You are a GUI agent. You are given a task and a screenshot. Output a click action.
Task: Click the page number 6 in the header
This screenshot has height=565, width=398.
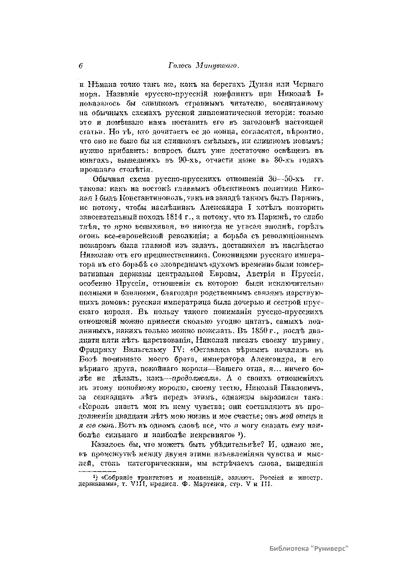pyautogui.click(x=81, y=66)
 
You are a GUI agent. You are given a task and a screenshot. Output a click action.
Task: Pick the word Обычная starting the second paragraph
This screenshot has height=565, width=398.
pyautogui.click(x=106, y=180)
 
